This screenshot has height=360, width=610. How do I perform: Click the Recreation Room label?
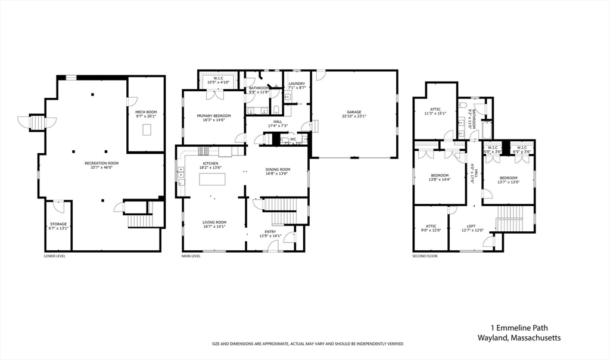[101, 163]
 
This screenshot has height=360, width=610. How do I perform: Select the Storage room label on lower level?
[58, 224]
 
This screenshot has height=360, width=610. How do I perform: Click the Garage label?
[354, 112]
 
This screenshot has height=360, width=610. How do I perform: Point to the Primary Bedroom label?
[214, 116]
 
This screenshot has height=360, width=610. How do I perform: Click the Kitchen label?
[210, 163]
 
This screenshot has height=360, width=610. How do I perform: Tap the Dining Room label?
[277, 169]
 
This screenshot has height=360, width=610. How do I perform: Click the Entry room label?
[270, 231]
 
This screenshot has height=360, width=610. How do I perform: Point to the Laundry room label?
[297, 83]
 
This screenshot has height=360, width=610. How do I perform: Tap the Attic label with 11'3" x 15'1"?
[435, 109]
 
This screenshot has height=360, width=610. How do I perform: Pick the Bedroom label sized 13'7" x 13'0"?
[508, 178]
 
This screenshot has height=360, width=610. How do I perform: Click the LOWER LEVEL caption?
[55, 256]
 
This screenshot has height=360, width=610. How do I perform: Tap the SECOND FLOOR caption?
[425, 256]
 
